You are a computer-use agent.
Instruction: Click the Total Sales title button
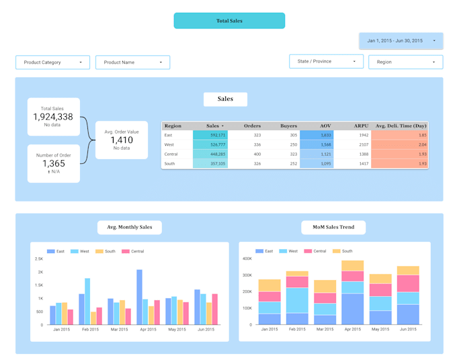click(x=229, y=21)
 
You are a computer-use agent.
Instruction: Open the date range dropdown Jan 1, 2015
click(x=401, y=41)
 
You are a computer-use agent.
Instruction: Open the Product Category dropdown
click(x=52, y=62)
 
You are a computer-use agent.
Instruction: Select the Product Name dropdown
click(x=132, y=62)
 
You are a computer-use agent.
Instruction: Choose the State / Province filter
click(x=327, y=62)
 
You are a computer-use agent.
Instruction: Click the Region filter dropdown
click(x=405, y=62)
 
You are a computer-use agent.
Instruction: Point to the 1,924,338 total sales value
click(x=53, y=117)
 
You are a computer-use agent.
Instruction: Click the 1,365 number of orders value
click(x=53, y=163)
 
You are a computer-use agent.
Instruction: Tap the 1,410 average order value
click(x=122, y=140)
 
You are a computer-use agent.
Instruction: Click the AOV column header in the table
click(x=325, y=126)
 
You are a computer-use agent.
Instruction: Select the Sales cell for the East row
click(x=210, y=135)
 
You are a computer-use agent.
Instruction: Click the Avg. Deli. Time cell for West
click(x=399, y=144)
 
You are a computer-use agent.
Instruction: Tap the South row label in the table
click(x=170, y=163)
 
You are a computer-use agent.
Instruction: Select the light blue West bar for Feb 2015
click(x=87, y=302)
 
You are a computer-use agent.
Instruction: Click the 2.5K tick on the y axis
click(x=40, y=259)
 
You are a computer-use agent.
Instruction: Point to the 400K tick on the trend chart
click(x=247, y=259)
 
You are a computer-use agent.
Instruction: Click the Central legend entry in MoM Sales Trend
click(x=318, y=251)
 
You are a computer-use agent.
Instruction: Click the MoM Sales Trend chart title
click(x=333, y=228)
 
